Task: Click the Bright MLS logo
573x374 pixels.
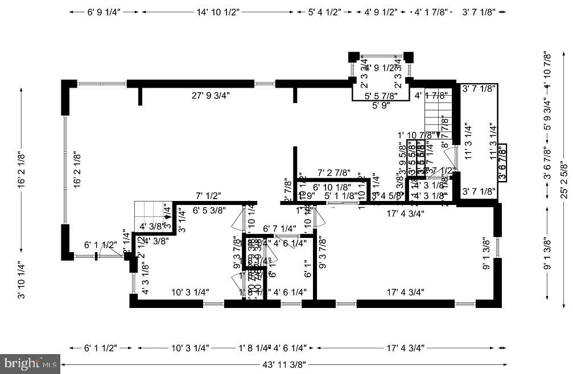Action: tap(31, 361)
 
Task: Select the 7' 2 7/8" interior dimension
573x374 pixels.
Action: tap(333, 171)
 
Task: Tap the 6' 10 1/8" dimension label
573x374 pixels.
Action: tap(332, 186)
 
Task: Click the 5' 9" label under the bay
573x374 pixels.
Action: tap(381, 105)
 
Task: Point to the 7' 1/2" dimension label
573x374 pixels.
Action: tap(208, 196)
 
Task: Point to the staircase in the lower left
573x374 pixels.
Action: tap(150, 217)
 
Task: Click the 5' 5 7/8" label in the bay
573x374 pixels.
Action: tap(381, 96)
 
